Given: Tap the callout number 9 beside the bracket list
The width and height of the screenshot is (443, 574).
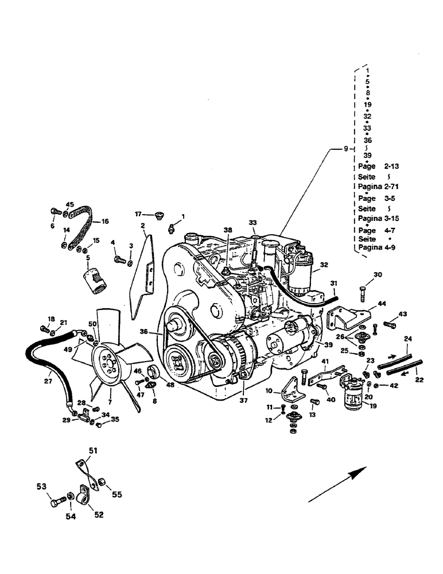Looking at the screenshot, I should pyautogui.click(x=345, y=149).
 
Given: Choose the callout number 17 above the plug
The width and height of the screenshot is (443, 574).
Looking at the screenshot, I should pyautogui.click(x=138, y=214).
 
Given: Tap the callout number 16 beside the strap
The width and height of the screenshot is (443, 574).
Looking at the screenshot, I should pyautogui.click(x=104, y=220).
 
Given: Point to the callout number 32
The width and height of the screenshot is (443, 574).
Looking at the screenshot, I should pyautogui.click(x=324, y=265).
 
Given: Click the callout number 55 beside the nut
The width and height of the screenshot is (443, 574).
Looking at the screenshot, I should pyautogui.click(x=116, y=494).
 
